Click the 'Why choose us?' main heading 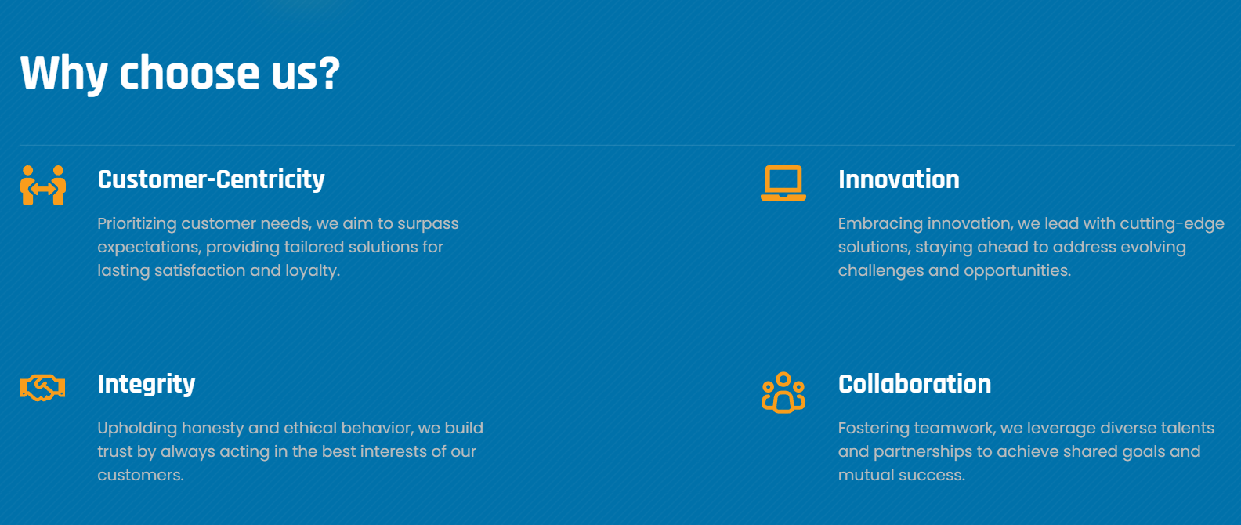[180, 73]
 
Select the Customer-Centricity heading [211, 179]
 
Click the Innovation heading [899, 179]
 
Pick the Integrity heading [147, 384]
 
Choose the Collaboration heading [914, 384]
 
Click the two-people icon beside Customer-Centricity [43, 185]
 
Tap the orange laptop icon [783, 183]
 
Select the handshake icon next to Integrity [42, 388]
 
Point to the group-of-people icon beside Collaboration [783, 393]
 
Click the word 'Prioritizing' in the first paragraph [137, 224]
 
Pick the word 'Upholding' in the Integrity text [137, 429]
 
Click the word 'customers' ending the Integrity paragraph [139, 475]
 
